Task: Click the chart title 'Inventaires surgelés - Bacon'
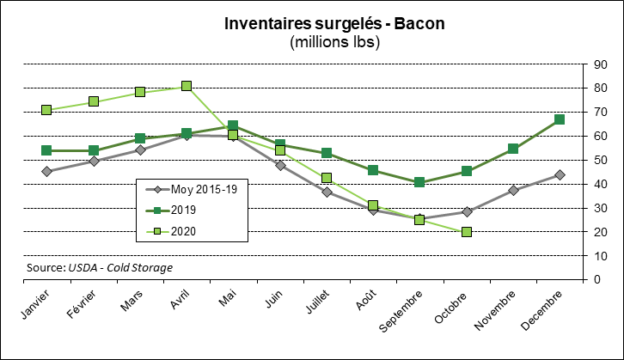coord(334,24)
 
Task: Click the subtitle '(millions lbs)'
coord(334,41)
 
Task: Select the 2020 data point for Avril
coord(187,86)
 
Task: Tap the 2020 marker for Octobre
coord(466,232)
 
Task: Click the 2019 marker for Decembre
coord(560,119)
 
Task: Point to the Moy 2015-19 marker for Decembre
coord(560,174)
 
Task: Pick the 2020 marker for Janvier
coord(46,110)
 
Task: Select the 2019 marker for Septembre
coord(419,182)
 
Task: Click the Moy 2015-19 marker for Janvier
coord(46,171)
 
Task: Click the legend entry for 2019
coord(185,210)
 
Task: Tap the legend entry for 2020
coord(185,229)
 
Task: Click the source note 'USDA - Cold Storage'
coord(119,267)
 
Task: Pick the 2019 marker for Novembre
coord(513,149)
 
